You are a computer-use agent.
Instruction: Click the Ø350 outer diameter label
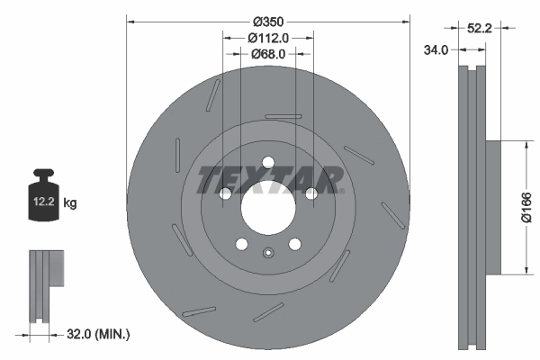269,22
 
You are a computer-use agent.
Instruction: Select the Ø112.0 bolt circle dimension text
267,38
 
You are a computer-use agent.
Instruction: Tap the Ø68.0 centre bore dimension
267,54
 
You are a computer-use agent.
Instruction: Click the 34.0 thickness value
436,51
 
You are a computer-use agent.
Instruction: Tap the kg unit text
70,204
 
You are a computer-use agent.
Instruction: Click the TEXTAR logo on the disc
268,179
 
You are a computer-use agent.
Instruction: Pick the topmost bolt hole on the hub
267,163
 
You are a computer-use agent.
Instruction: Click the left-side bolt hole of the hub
224,193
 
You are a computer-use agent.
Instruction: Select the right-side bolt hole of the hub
310,193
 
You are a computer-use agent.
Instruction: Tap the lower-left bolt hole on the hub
241,244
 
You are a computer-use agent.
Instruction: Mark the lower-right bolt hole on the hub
294,244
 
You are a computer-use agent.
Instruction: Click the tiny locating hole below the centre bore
267,252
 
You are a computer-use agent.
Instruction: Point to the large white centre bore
267,209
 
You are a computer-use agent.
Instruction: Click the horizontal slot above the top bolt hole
283,116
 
